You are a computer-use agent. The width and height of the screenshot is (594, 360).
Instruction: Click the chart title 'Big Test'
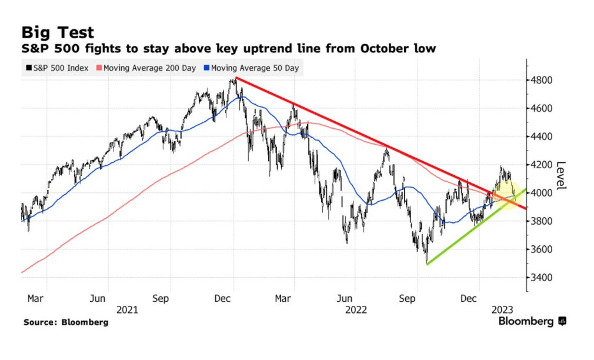pyautogui.click(x=58, y=32)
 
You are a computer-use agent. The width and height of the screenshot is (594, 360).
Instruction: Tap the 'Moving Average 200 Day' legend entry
pyautogui.click(x=149, y=68)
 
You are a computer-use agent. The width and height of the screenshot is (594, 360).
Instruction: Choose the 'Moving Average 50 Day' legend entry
pyautogui.click(x=253, y=68)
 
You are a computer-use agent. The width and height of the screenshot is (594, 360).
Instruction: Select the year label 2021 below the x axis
pyautogui.click(x=127, y=309)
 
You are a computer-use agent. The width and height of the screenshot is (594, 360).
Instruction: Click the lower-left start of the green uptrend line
pyautogui.click(x=426, y=264)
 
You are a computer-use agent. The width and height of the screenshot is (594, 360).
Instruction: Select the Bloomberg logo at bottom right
pyautogui.click(x=532, y=321)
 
